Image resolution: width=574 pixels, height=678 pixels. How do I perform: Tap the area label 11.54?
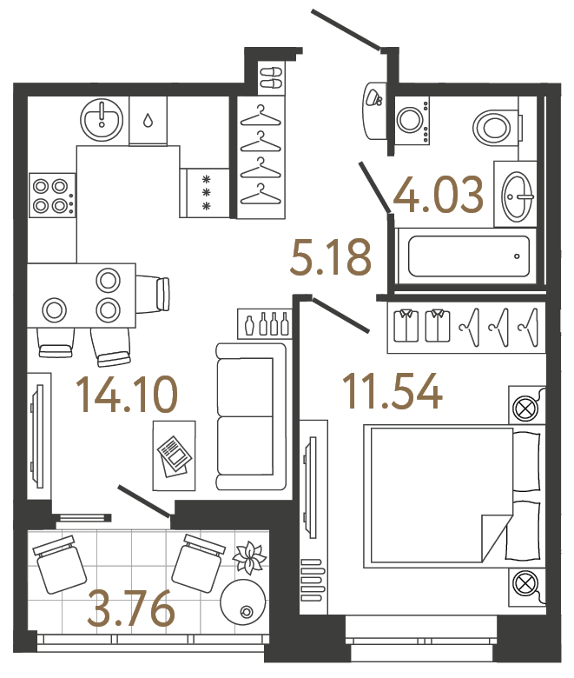tap(393, 391)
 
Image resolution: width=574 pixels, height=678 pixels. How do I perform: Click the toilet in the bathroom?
tap(495, 128)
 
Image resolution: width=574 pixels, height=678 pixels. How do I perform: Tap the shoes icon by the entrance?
tap(273, 76)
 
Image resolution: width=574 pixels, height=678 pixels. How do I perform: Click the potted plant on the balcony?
tap(250, 557)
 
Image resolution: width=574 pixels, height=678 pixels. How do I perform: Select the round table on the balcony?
tap(242, 600)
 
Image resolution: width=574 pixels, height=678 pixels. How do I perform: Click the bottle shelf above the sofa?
tap(263, 324)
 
